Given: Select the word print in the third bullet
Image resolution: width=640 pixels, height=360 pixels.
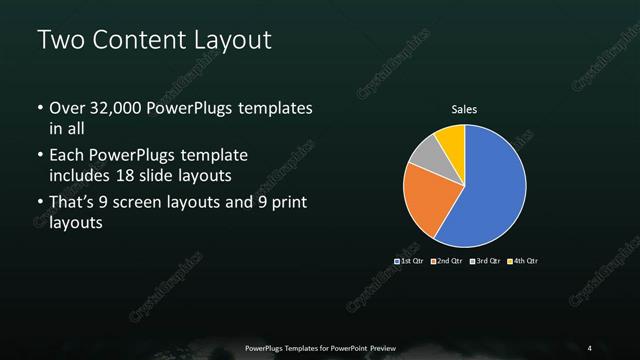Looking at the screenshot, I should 288,204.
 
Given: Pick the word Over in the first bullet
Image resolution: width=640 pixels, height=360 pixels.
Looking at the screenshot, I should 67,107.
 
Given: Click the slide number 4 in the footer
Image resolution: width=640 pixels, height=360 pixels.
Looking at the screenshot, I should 590,347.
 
